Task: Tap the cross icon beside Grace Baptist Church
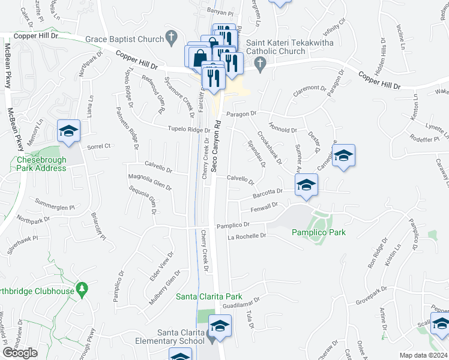(x=172, y=38)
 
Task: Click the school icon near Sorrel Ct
(x=68, y=131)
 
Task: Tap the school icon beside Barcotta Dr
(x=306, y=185)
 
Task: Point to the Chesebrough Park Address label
(x=41, y=164)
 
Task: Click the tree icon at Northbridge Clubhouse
(x=82, y=291)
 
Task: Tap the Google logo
(x=20, y=352)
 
